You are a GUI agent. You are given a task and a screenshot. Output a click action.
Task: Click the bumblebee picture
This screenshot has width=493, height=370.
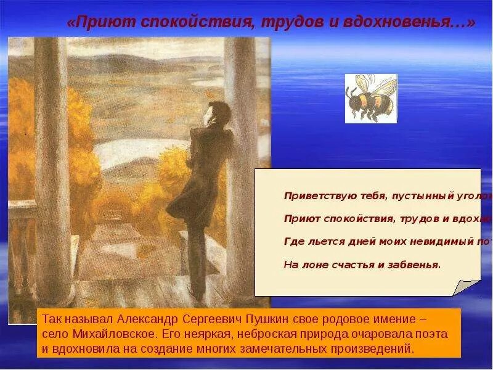coord(370,99)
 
